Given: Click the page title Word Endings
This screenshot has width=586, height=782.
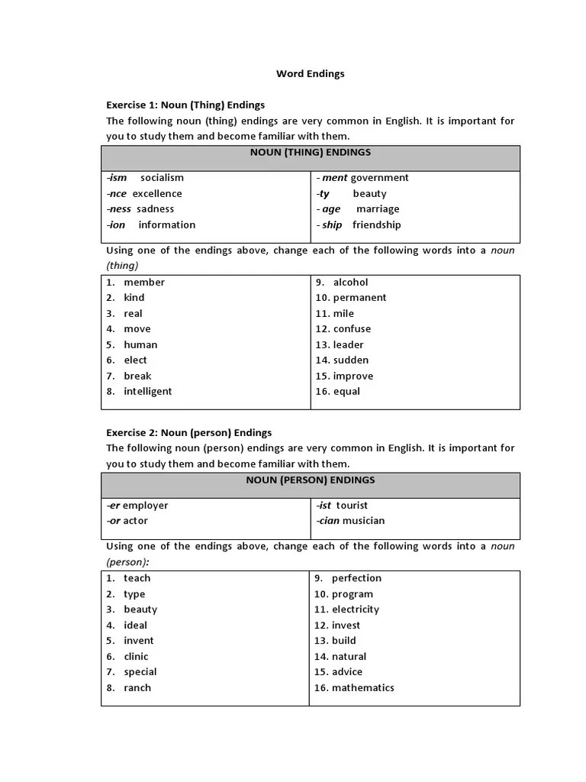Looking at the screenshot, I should point(310,74).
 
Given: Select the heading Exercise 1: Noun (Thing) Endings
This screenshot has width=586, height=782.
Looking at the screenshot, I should point(185,105).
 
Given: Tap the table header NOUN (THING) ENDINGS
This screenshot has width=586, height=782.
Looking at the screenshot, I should point(310,152).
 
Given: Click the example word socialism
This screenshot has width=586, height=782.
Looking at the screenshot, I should point(162,178).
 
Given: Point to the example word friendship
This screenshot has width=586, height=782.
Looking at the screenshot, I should point(376,225).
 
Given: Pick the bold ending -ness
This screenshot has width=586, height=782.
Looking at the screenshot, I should point(119,208).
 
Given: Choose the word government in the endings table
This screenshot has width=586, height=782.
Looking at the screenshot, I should point(379,178).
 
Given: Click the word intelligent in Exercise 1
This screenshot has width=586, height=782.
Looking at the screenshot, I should point(148,391).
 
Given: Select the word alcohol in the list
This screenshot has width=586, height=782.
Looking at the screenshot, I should point(350,282).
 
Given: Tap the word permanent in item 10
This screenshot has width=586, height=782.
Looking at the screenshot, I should point(359,298).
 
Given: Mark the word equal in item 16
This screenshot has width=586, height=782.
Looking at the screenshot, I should point(346,391).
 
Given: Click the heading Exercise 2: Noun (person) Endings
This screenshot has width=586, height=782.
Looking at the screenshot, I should point(188,432).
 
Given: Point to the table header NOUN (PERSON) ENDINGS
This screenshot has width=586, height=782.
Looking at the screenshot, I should point(310,480).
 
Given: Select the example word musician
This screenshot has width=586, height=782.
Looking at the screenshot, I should point(363,521).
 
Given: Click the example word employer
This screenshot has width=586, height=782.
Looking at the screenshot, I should point(146,506).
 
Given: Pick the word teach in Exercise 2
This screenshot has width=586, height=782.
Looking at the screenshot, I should point(137,578).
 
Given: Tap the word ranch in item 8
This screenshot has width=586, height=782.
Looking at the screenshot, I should point(137,687).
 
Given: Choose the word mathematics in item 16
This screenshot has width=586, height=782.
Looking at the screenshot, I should point(363,687).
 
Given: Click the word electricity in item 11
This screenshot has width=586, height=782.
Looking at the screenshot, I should point(356,609).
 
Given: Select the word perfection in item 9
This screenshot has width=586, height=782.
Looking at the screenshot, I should point(356,578).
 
